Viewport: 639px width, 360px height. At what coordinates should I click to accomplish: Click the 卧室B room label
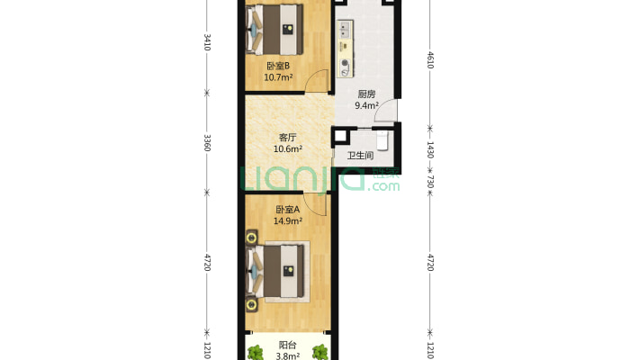click(278, 66)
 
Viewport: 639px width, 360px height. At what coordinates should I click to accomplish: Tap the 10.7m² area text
click(278, 77)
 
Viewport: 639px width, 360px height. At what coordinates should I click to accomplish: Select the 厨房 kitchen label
click(366, 94)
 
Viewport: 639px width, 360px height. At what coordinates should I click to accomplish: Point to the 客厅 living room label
click(287, 138)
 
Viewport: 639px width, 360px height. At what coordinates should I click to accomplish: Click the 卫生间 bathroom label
click(360, 156)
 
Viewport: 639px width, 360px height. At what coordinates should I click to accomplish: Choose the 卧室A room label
click(287, 210)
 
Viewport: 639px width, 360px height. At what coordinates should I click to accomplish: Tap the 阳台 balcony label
click(287, 345)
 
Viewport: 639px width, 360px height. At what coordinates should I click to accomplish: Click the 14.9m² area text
click(287, 221)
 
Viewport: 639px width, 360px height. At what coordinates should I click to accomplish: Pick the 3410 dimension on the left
click(207, 42)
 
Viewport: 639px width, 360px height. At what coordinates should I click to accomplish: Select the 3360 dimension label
click(207, 143)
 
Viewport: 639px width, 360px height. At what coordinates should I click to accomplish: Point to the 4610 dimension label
click(430, 59)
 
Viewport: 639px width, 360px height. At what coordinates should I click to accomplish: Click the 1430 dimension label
click(430, 149)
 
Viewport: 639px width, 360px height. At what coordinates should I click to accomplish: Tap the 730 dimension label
click(430, 182)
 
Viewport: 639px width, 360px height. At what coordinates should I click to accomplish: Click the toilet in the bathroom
click(382, 139)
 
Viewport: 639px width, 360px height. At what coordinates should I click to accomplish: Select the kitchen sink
click(345, 30)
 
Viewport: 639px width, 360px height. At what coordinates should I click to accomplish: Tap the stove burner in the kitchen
click(346, 63)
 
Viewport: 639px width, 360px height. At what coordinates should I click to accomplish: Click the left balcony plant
click(256, 351)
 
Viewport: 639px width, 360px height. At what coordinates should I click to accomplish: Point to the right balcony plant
click(319, 351)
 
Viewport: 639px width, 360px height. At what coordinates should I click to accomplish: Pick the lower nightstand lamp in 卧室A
click(251, 304)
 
